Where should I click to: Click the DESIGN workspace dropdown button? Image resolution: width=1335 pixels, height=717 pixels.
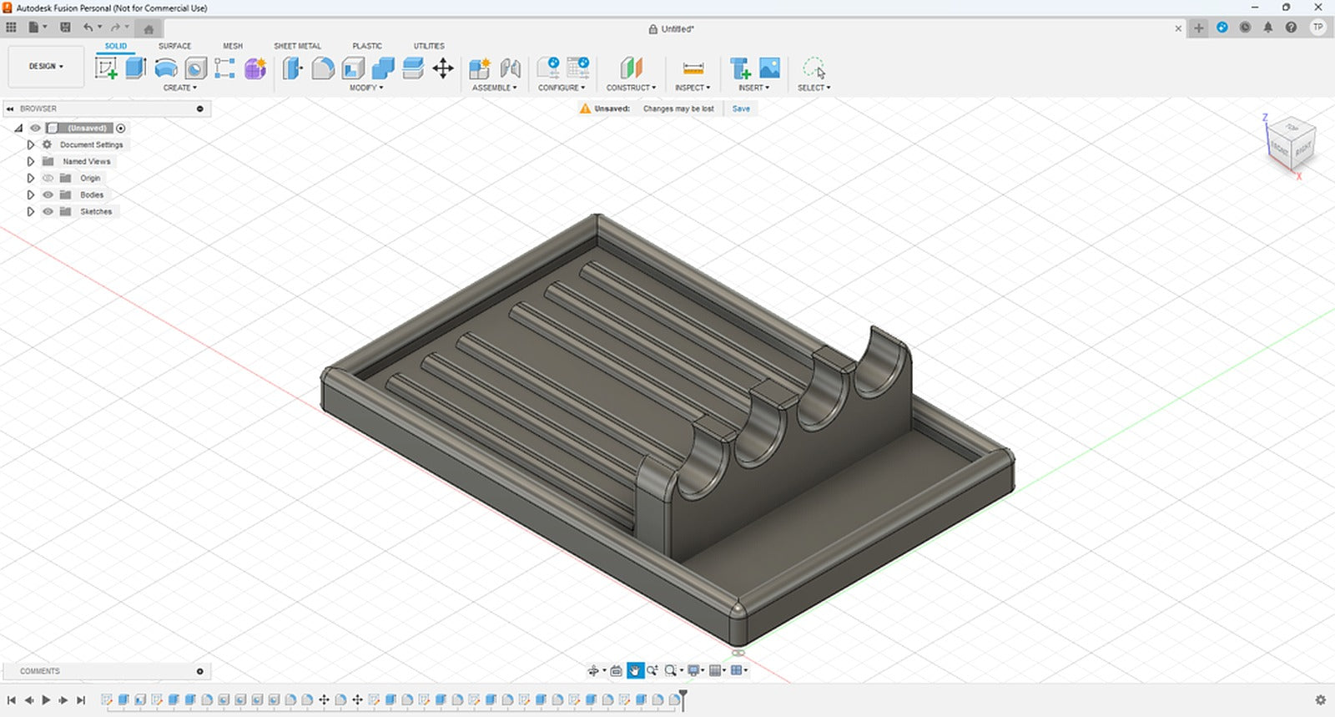(x=46, y=67)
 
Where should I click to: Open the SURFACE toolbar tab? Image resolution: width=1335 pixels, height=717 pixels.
(x=174, y=46)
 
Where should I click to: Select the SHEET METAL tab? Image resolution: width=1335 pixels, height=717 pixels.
(x=297, y=46)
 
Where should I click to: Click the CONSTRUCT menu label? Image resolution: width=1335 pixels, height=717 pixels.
(x=630, y=88)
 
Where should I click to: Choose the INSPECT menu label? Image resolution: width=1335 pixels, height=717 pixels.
(x=692, y=88)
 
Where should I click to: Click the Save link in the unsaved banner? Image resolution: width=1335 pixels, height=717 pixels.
(x=741, y=109)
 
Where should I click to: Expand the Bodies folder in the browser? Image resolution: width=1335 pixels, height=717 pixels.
(x=31, y=194)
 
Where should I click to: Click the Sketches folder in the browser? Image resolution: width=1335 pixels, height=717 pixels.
(x=95, y=211)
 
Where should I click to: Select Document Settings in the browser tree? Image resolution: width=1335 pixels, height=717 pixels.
(x=91, y=144)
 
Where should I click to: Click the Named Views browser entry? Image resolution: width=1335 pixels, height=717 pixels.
(x=86, y=161)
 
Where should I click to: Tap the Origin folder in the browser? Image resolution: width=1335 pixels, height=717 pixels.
(x=89, y=178)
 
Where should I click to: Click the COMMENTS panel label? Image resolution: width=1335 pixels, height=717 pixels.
(x=40, y=671)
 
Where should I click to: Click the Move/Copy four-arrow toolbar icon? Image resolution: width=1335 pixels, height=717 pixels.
(x=443, y=68)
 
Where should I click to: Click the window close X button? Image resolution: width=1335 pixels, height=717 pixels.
(x=1318, y=8)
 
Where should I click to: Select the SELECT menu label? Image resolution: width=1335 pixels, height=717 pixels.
(x=813, y=88)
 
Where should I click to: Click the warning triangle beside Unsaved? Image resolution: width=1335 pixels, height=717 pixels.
(x=585, y=109)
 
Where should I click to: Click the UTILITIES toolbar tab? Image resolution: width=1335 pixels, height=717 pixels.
(x=429, y=46)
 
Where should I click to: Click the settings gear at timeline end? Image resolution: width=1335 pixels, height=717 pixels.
(x=1320, y=700)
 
